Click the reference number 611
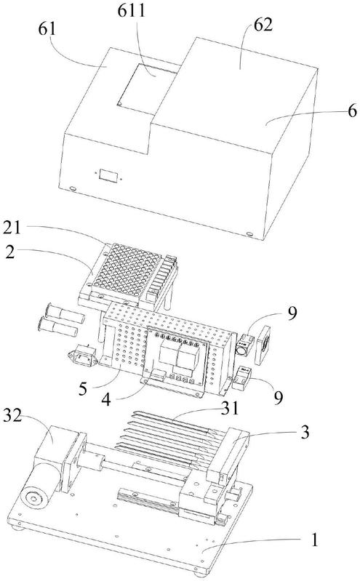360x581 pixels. pyautogui.click(x=132, y=10)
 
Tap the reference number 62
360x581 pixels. pyautogui.click(x=263, y=25)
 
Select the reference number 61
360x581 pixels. pyautogui.click(x=47, y=29)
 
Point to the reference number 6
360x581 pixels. pyautogui.click(x=352, y=111)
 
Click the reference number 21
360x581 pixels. pyautogui.click(x=12, y=228)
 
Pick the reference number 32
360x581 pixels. pyautogui.click(x=12, y=416)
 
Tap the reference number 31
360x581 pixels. pyautogui.click(x=231, y=408)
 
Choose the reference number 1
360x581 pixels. pyautogui.click(x=314, y=540)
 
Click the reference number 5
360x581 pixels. pyautogui.click(x=83, y=389)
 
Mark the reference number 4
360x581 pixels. pyautogui.click(x=106, y=399)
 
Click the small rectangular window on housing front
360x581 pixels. pyautogui.click(x=108, y=175)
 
